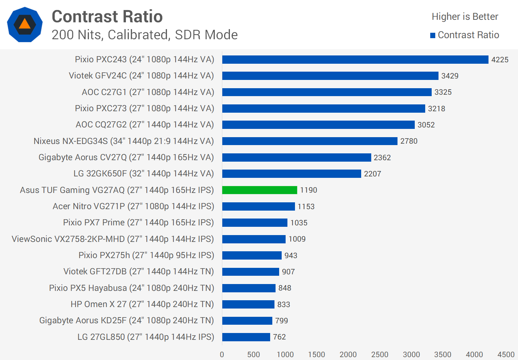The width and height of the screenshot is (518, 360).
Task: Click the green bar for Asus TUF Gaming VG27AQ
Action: (259, 190)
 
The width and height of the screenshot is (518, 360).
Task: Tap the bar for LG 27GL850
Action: (246, 337)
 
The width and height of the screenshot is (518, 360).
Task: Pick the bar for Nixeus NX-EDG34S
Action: (310, 141)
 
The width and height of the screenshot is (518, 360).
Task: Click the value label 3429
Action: (450, 76)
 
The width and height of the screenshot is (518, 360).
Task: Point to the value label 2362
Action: (382, 158)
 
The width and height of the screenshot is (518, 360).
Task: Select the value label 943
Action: (291, 256)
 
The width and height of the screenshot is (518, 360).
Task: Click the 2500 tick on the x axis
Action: (380, 355)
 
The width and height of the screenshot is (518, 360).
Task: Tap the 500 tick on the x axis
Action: (254, 355)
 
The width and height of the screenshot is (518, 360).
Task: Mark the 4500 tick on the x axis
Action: (506, 355)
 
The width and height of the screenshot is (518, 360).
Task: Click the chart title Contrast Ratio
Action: (107, 17)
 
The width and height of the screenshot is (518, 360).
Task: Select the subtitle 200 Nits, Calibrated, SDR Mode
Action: (145, 35)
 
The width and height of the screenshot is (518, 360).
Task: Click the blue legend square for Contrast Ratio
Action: (433, 35)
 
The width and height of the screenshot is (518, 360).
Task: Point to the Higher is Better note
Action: (465, 17)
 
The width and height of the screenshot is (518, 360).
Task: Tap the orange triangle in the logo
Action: (25, 24)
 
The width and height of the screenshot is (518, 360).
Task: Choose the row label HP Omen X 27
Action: (142, 305)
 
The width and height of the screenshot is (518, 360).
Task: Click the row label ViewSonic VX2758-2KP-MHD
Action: (113, 239)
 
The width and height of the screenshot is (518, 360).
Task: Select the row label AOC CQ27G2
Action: (145, 125)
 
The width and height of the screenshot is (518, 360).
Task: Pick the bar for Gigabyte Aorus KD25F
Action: (247, 321)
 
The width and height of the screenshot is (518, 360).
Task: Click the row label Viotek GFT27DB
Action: (138, 272)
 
